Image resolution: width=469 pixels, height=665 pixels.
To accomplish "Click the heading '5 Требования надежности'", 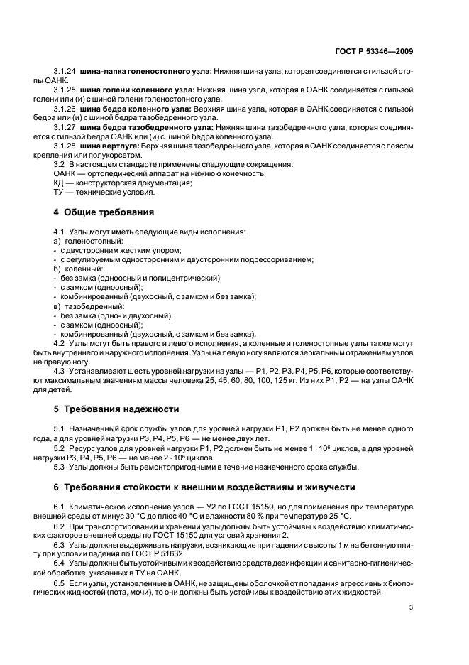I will coord(112,409).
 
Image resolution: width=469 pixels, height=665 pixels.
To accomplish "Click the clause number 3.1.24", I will coord(65,72).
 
